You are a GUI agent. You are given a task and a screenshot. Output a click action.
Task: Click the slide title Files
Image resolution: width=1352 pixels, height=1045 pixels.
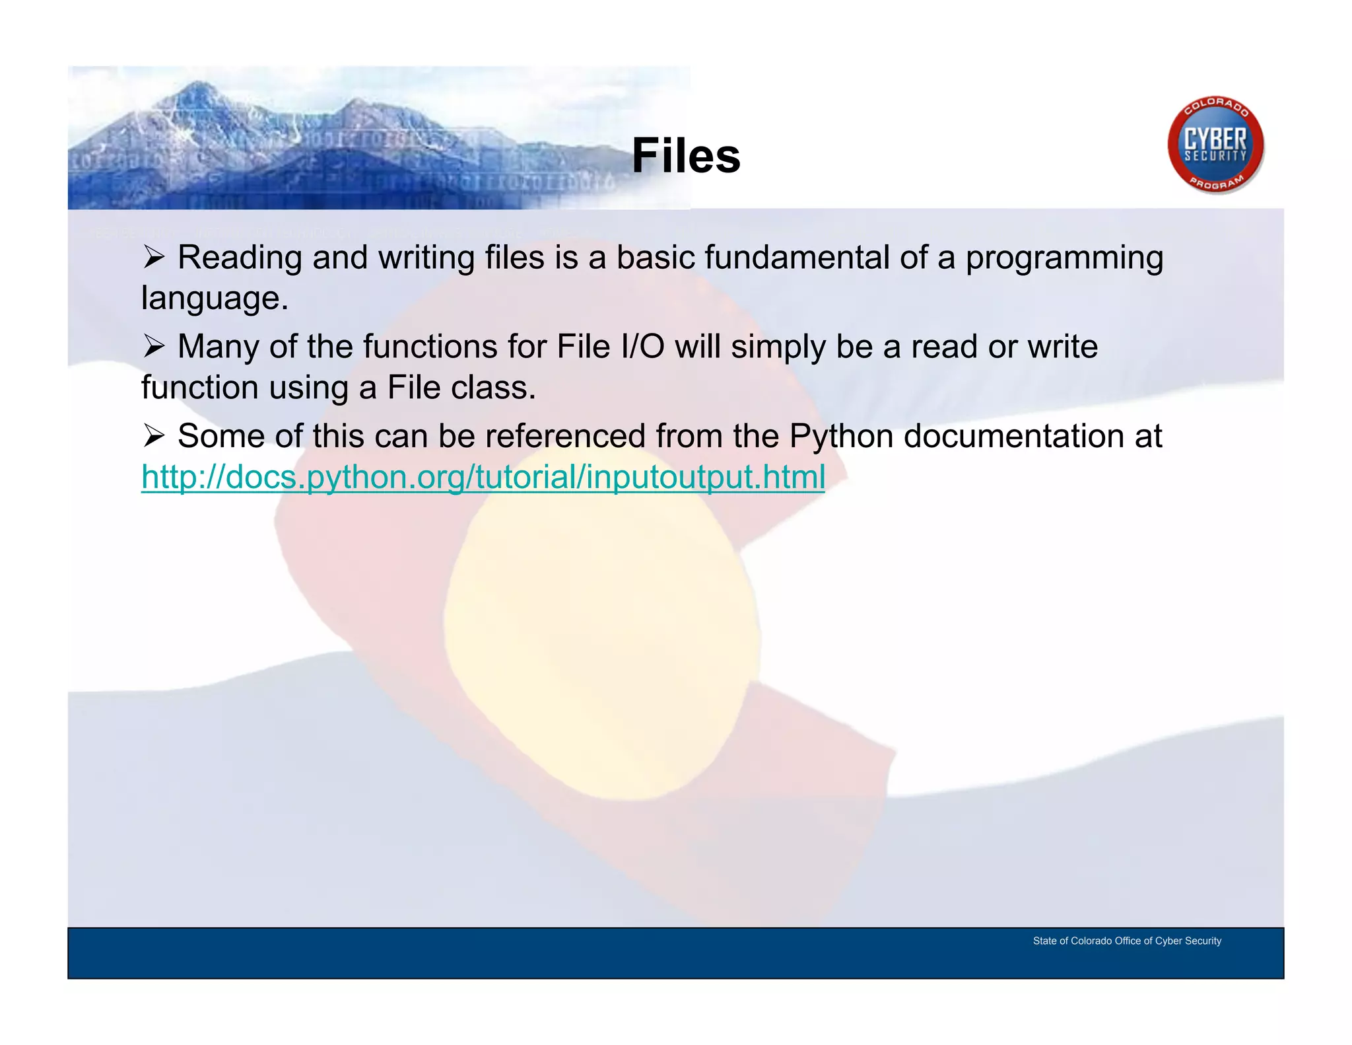click(x=686, y=156)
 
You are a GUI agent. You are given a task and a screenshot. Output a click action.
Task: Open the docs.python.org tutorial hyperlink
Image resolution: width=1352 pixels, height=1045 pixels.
click(x=483, y=477)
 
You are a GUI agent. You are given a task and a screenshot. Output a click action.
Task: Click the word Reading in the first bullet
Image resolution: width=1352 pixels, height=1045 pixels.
click(x=240, y=258)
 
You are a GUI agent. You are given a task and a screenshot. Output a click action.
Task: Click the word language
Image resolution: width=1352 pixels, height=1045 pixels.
click(x=215, y=299)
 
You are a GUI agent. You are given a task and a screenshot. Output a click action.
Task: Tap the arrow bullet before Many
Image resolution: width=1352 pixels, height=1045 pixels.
click(x=153, y=347)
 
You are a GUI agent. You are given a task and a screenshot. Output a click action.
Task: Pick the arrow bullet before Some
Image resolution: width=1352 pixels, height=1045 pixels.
click(x=153, y=436)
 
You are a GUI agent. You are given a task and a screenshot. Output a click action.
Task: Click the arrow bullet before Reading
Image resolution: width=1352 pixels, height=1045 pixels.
click(x=153, y=258)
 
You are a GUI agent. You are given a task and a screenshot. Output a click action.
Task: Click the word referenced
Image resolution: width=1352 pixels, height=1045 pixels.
click(x=565, y=436)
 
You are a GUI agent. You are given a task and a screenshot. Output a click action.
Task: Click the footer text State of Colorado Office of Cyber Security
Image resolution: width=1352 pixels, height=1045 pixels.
click(x=1127, y=941)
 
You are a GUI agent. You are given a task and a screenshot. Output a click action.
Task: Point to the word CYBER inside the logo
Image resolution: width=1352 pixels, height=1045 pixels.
click(x=1215, y=140)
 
